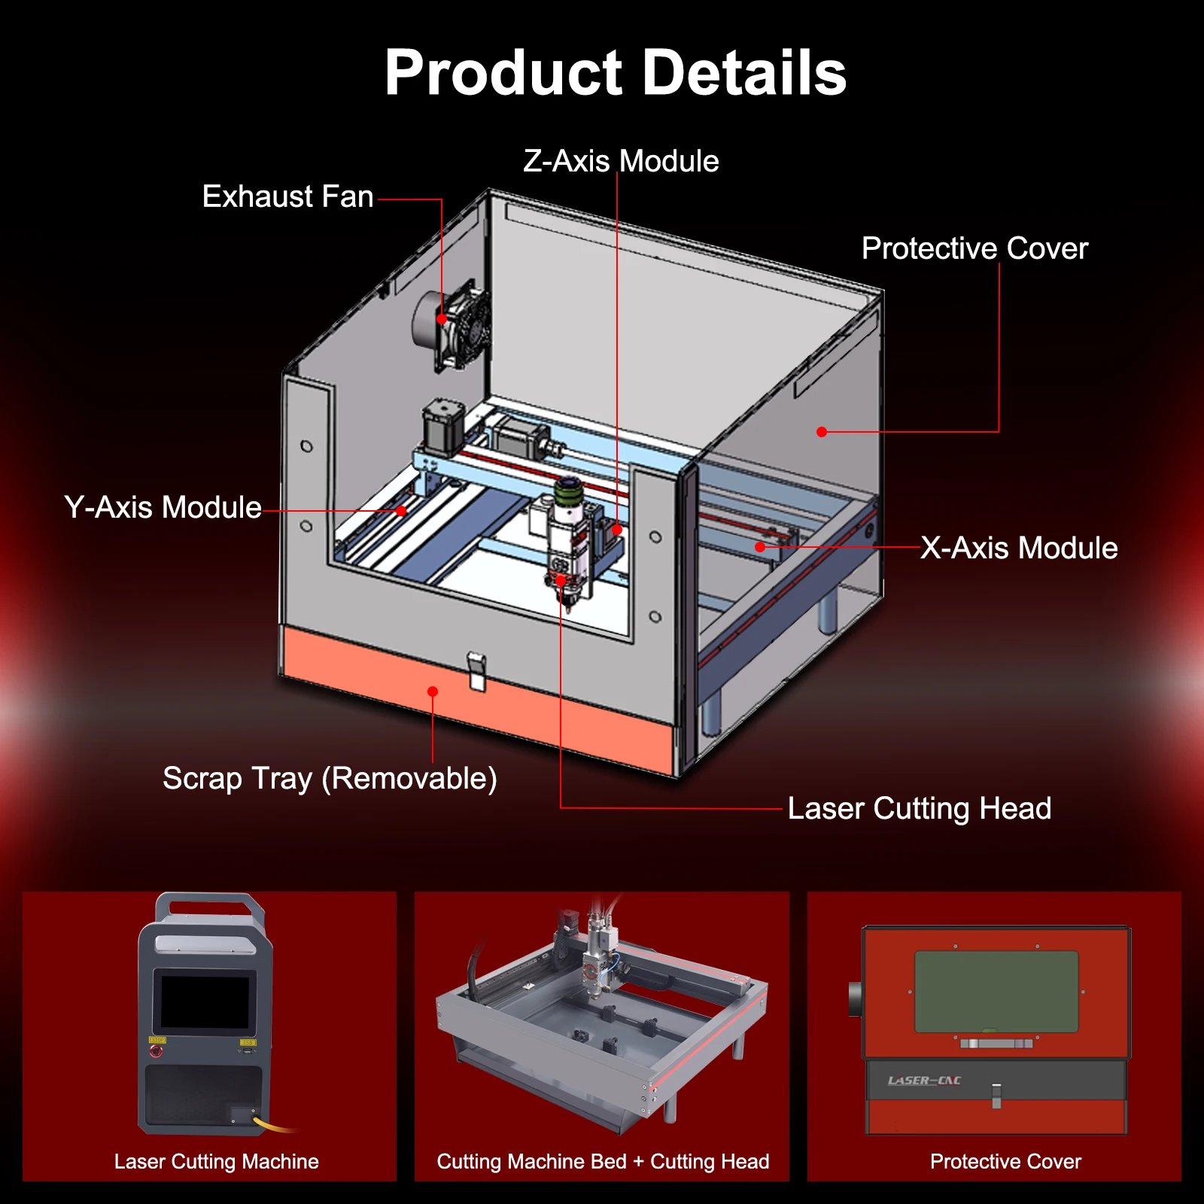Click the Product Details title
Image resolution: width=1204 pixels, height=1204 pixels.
tap(616, 73)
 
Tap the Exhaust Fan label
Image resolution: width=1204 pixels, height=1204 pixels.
tap(287, 197)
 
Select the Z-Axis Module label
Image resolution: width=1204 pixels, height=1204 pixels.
tap(621, 161)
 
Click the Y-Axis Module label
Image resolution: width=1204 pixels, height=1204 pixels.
tap(163, 508)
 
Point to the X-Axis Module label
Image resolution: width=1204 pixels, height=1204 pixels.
tap(1019, 549)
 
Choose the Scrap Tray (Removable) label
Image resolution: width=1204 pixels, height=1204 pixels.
tap(330, 779)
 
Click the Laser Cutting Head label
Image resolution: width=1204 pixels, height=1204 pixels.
tap(919, 809)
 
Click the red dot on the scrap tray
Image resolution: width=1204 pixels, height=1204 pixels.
tap(433, 692)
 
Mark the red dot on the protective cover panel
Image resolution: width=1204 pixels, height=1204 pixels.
tap(822, 432)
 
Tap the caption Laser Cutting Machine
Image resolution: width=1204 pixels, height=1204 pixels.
tap(216, 1162)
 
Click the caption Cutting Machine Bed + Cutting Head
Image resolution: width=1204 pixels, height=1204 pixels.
tap(603, 1162)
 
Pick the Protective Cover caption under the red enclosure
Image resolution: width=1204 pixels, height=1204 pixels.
tap(1005, 1162)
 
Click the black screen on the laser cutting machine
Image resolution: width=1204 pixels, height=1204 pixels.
tap(205, 1002)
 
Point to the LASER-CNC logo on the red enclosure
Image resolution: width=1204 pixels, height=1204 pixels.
tap(924, 1081)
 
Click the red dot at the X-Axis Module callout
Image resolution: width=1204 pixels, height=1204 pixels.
tap(761, 547)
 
